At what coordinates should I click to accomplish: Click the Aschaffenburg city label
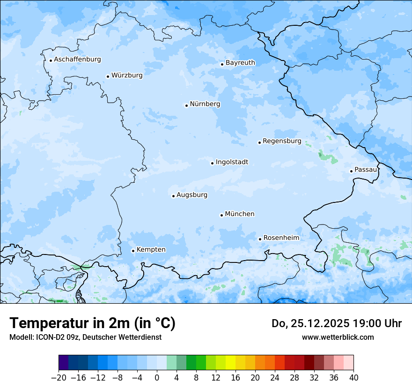[77, 60]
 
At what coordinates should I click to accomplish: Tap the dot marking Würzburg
[108, 76]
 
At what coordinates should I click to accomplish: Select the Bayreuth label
[240, 62]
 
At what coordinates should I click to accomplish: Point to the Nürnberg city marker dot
[186, 105]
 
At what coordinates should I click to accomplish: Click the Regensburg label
[282, 141]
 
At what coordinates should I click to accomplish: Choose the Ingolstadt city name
[232, 162]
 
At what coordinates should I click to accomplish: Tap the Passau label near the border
[365, 169]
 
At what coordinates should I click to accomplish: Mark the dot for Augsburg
[173, 196]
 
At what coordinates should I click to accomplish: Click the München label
[240, 214]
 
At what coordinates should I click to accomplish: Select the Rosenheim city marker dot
[260, 239]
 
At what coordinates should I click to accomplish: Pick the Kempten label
[151, 249]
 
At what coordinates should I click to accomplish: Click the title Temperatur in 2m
[92, 323]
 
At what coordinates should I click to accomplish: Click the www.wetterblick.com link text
[338, 337]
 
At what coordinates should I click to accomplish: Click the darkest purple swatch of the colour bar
[64, 363]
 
